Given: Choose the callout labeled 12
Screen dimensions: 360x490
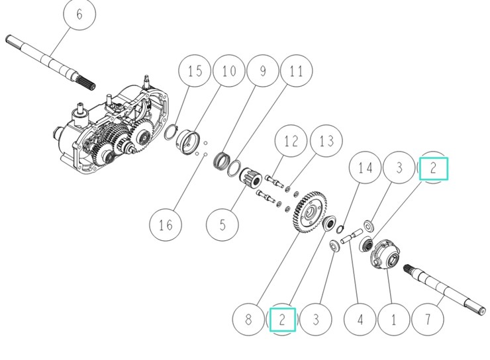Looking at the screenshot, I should tap(291, 142).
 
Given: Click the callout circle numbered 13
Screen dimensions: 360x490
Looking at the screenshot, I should tap(326, 142).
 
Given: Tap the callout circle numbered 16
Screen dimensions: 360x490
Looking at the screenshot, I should tap(165, 225).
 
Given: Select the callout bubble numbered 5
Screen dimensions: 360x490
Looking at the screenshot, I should tap(222, 225).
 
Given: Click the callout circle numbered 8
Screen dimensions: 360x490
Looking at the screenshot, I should tap(248, 320).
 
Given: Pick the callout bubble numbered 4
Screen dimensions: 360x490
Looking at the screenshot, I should tap(360, 320).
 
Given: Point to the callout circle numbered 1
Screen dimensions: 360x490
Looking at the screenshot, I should tap(394, 320).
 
